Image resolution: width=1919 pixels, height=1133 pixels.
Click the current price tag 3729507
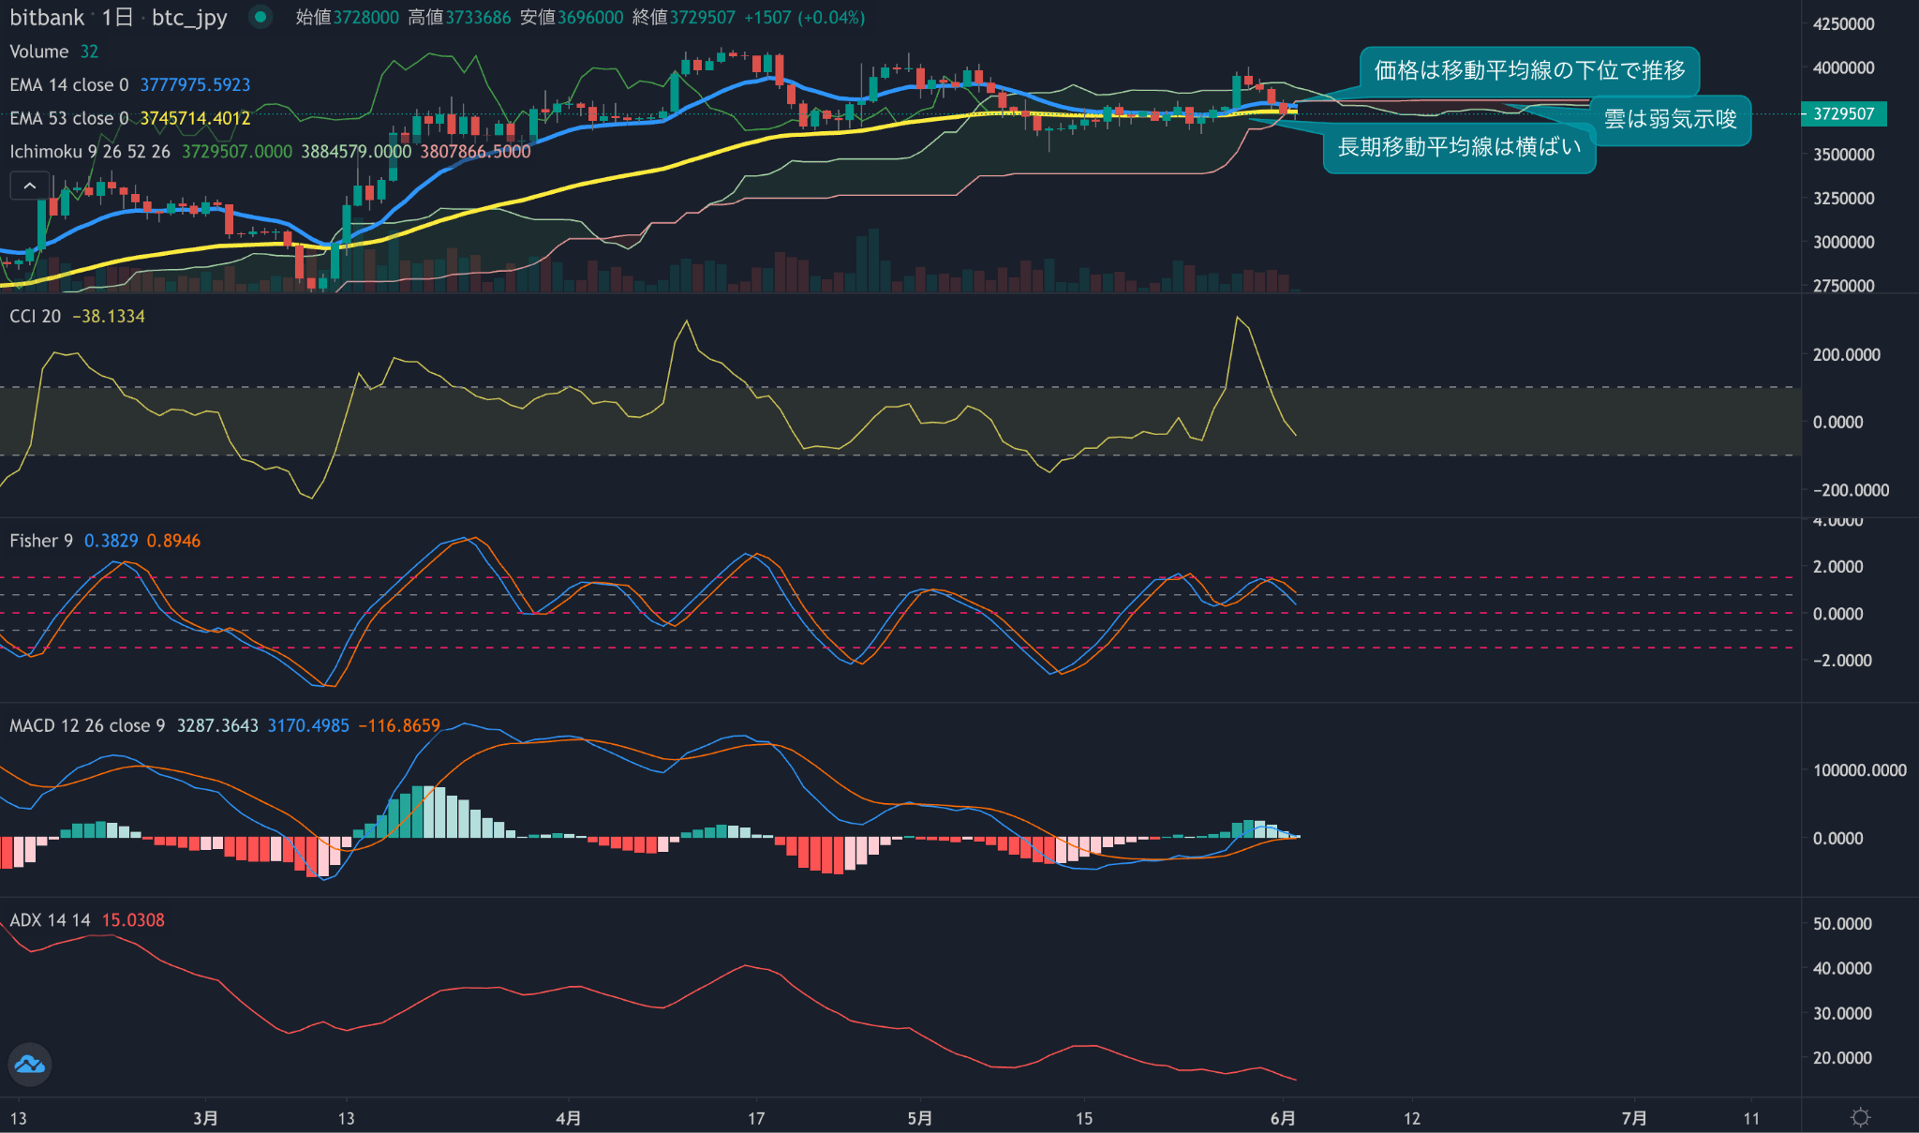[1843, 114]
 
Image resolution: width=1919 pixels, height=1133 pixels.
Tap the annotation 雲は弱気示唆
[1670, 119]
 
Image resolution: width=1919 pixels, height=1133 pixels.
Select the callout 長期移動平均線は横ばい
[1459, 147]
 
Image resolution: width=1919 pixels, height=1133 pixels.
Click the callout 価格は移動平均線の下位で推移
[1529, 70]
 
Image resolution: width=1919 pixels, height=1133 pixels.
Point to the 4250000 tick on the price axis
[1843, 24]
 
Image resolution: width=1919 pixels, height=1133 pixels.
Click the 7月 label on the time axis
[1634, 1118]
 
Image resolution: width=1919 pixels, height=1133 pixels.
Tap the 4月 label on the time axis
[568, 1118]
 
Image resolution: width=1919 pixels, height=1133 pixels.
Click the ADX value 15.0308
[133, 920]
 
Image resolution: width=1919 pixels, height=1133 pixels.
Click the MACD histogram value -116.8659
[399, 726]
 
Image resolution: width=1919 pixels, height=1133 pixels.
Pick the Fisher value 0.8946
[173, 541]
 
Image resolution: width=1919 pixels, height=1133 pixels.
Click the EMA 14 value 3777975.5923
[195, 85]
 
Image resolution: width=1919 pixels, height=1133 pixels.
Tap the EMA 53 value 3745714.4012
[195, 118]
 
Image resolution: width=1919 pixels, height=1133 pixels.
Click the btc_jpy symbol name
[189, 18]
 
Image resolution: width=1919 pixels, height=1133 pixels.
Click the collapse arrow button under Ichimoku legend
[29, 186]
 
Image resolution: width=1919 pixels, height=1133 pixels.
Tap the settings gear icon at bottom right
[1860, 1117]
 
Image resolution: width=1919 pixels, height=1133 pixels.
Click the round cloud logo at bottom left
[29, 1065]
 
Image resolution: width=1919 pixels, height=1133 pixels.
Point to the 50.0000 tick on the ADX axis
[1842, 924]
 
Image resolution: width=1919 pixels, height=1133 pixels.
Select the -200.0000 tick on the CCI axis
[1851, 490]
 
